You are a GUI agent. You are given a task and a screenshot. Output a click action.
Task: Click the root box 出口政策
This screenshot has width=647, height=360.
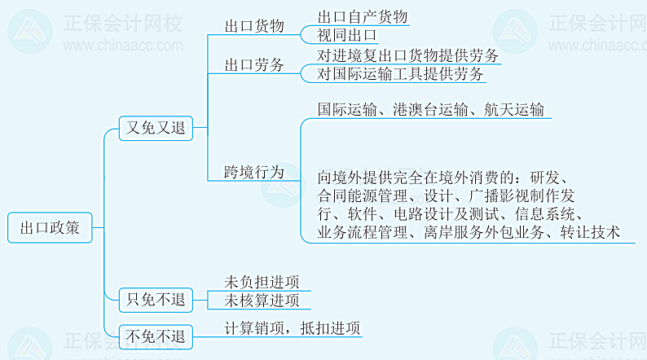tap(50, 229)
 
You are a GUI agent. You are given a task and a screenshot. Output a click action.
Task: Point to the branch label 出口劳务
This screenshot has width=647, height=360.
tap(254, 65)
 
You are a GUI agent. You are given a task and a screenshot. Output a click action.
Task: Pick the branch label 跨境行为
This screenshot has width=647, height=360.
tap(254, 172)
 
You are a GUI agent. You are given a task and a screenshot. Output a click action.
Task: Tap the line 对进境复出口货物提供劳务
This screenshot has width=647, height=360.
tap(407, 55)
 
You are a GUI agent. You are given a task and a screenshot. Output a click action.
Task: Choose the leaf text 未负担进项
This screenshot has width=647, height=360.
tap(262, 282)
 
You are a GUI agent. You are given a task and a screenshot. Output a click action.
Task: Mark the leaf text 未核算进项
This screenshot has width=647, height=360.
tap(262, 301)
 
